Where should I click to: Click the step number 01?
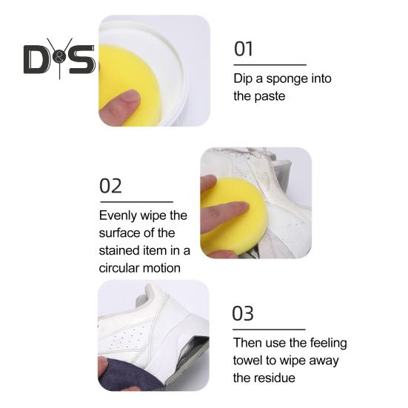pos(244,49)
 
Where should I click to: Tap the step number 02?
pos(110,185)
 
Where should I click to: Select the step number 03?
pos(244,313)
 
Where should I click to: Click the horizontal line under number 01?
pos(269,65)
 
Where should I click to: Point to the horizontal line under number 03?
pos(269,329)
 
